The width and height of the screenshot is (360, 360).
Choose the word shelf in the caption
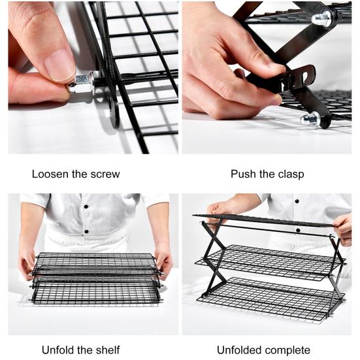click(108, 350)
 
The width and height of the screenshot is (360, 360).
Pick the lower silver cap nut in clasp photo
click(310, 119)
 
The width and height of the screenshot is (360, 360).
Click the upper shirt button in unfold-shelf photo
click(86, 206)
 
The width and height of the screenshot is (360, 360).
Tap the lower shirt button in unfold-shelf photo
click(86, 232)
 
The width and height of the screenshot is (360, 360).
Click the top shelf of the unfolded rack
click(264, 221)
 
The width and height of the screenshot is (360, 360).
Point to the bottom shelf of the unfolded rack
click(271, 299)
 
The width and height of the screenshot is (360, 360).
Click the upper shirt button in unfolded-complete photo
click(297, 201)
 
